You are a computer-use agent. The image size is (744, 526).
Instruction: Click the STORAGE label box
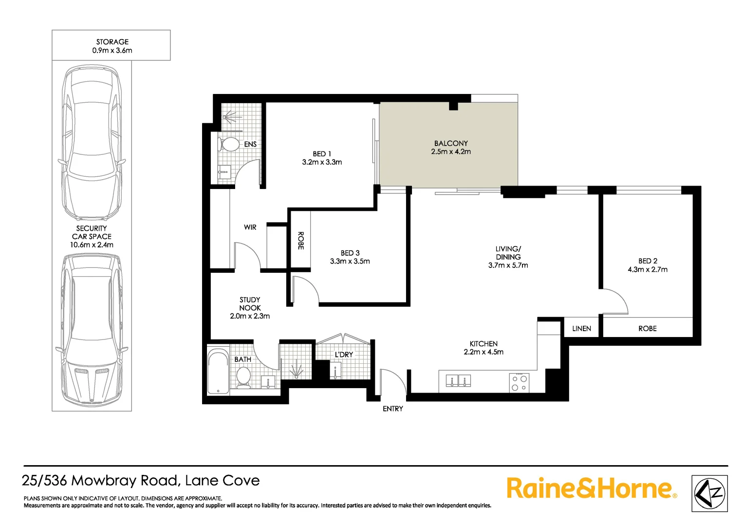point(112,46)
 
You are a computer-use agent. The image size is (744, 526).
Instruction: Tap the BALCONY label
point(451,143)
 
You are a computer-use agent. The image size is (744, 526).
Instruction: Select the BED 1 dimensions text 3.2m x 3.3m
point(322,162)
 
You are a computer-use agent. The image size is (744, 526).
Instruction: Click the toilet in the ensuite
point(229,144)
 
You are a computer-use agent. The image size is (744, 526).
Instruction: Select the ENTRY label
point(392,409)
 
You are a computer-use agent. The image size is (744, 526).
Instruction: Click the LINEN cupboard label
point(581,329)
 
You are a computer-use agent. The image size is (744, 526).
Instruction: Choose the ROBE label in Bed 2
point(647,329)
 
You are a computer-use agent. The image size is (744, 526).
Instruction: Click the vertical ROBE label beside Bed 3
point(300,241)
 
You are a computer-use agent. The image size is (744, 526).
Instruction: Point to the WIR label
point(250,227)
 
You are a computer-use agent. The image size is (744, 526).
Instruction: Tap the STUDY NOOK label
point(250,304)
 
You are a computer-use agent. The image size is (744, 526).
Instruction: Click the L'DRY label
point(343,355)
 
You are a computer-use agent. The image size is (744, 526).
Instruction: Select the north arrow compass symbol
point(709,493)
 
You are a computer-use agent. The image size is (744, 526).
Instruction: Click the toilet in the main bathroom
point(243,376)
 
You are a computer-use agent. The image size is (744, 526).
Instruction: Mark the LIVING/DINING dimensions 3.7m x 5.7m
point(508,265)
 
